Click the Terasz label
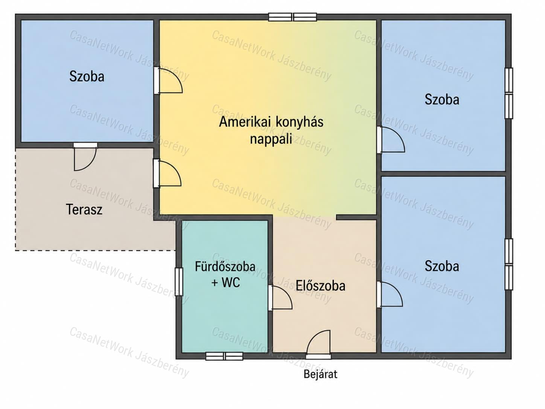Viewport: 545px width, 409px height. click(x=84, y=209)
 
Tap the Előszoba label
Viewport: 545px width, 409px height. click(x=320, y=286)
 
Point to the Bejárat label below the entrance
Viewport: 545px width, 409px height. click(x=320, y=374)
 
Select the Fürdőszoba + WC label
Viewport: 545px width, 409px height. click(x=225, y=275)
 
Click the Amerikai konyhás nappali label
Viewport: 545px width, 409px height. click(x=271, y=130)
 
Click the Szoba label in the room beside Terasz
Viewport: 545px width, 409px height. click(x=87, y=76)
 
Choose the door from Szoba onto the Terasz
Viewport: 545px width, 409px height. click(x=85, y=157)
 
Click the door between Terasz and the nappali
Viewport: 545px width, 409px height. click(x=167, y=173)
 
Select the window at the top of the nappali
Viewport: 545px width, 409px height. click(x=292, y=17)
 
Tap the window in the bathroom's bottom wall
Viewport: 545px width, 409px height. click(x=224, y=356)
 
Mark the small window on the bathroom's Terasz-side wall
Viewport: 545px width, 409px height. click(x=179, y=282)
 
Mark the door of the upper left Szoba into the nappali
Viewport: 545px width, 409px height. click(x=168, y=81)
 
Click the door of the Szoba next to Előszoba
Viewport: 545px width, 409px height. click(x=390, y=294)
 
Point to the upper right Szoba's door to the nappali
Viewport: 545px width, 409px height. click(x=391, y=140)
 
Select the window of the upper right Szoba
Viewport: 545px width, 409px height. click(x=509, y=93)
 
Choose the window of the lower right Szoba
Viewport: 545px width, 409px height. click(x=509, y=264)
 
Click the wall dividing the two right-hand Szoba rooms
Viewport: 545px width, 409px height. click(x=443, y=174)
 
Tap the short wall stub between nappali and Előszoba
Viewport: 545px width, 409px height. click(x=356, y=217)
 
